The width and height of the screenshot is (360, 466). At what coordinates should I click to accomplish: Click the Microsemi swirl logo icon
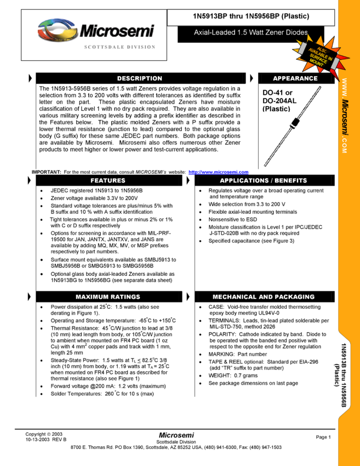[x=57, y=30]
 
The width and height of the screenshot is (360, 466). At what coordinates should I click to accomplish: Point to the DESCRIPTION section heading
[x=140, y=78]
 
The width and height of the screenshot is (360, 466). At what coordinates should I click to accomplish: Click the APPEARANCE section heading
[x=295, y=78]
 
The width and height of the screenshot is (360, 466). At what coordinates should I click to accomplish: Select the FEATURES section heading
[x=108, y=180]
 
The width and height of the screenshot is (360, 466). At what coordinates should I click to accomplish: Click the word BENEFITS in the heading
[x=291, y=180]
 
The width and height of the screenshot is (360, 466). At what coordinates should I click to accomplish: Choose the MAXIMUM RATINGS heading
[x=108, y=297]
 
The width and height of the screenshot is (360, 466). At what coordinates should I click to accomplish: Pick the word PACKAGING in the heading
[x=295, y=297]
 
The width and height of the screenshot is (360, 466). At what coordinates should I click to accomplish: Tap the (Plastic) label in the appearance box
[x=276, y=109]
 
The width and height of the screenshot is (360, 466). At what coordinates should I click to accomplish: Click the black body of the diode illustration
[x=296, y=122]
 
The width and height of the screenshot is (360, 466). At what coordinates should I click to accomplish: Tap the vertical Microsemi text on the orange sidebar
[x=345, y=118]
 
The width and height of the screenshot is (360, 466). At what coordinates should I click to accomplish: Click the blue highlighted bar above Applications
[x=219, y=172]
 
